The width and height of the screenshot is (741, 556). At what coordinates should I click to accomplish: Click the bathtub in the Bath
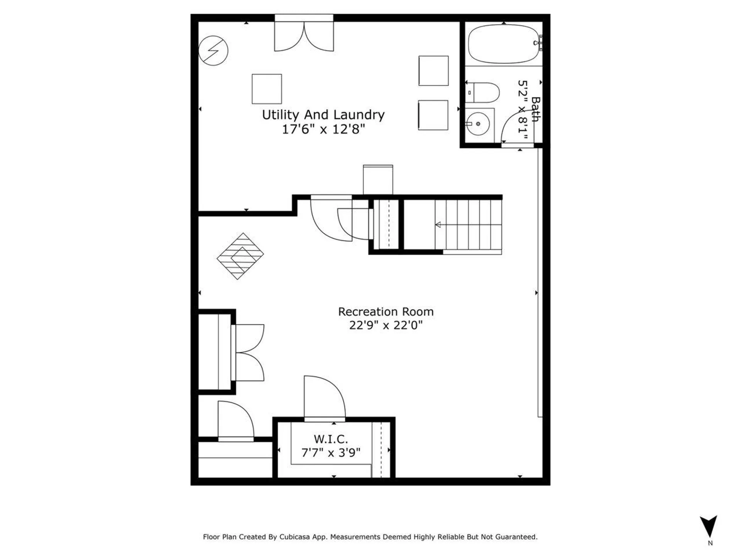(504, 44)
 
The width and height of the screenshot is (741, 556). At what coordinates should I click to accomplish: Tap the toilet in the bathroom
(484, 92)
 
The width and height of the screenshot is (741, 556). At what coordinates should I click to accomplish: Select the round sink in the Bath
(478, 124)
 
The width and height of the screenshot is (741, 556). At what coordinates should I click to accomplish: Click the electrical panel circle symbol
(213, 51)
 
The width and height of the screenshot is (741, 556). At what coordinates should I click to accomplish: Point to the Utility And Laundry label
(323, 115)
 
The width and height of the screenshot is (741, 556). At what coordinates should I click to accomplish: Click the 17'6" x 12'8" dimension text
(323, 129)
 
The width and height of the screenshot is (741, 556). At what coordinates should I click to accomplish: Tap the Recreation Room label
(386, 312)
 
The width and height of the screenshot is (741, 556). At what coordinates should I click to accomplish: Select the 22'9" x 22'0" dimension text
(386, 325)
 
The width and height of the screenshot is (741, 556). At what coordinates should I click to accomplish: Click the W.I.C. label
(331, 439)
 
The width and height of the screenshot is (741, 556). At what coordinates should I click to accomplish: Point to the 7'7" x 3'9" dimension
(331, 452)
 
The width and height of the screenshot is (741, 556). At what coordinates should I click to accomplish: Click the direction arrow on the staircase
(438, 225)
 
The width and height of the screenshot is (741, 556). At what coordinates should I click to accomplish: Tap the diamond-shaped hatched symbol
(240, 256)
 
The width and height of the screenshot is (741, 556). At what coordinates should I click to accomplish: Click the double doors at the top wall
(304, 37)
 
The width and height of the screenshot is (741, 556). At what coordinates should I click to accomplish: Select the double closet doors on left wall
(249, 353)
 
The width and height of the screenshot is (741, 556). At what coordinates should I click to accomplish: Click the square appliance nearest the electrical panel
(267, 89)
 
